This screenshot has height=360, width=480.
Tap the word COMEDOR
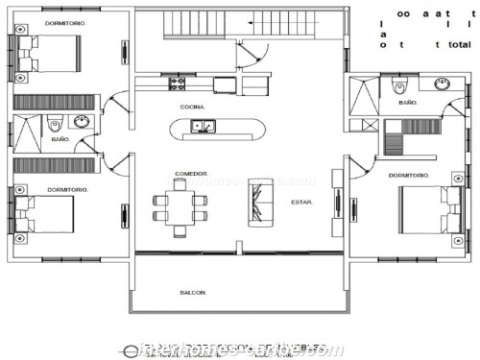coord(191,174)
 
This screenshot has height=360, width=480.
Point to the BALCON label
coord(193,292)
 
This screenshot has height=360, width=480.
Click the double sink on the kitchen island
coord(203,126)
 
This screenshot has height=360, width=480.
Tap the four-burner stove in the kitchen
coord(177,84)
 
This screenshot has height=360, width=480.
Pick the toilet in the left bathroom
coord(56,122)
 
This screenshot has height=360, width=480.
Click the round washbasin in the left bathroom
coord(82,122)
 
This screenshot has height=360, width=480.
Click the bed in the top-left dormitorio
coord(48,54)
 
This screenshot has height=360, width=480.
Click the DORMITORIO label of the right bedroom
coord(409,176)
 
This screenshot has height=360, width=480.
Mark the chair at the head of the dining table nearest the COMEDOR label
coord(180,185)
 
